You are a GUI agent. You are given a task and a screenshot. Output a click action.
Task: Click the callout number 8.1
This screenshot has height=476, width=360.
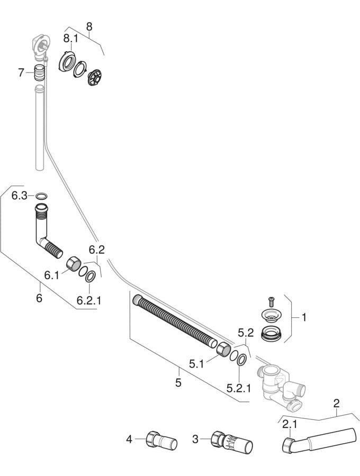click(70, 39)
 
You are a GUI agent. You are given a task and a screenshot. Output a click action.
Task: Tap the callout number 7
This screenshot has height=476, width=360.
click(21, 72)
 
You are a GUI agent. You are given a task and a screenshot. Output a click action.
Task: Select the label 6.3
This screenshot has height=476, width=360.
click(20, 196)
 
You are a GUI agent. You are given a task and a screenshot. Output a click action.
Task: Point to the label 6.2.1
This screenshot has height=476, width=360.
click(89, 300)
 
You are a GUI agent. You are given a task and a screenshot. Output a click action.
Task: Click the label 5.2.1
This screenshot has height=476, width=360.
click(239, 388)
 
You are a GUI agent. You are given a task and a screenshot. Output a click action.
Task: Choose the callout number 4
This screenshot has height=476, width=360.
click(129, 439)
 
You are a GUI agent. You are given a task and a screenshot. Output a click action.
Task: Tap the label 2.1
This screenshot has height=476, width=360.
click(290, 424)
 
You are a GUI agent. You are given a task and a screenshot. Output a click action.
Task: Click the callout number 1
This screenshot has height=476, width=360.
click(304, 317)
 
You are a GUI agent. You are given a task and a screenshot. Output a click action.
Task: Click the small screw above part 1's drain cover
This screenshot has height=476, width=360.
click(271, 302)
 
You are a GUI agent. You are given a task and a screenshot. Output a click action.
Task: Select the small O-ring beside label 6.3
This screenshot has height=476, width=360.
click(41, 196)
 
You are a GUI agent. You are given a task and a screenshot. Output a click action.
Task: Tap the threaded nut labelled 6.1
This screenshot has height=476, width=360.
click(74, 263)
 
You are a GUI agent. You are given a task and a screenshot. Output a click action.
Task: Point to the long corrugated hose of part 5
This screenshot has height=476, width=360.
click(175, 321)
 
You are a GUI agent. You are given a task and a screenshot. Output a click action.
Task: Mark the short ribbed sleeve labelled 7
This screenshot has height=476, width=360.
click(39, 72)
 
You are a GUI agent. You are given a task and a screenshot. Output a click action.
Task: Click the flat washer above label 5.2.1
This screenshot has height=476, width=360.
click(242, 360)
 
